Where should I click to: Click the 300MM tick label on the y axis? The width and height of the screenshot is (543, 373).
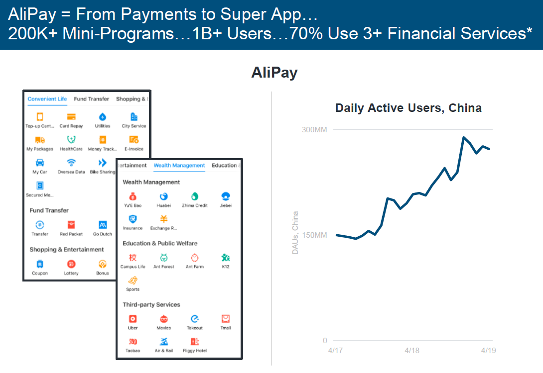pos(314,130)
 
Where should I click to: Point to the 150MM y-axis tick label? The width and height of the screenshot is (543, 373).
pos(314,235)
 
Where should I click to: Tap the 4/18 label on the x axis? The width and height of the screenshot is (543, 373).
pos(412,351)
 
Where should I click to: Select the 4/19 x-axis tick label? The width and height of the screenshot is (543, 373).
pos(488,351)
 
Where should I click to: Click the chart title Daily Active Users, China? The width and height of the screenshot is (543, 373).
pos(408,108)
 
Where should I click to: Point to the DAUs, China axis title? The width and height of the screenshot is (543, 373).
pos(295,233)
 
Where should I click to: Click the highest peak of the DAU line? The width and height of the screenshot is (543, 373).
pos(464,138)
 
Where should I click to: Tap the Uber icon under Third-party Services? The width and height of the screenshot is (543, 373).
pos(133,319)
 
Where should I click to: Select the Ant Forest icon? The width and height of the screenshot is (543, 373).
pos(164,258)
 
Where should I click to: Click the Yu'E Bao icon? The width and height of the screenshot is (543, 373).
pos(133,197)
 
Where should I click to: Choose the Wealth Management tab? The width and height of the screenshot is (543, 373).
pos(179,165)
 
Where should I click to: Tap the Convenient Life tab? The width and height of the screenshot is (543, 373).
pos(47,99)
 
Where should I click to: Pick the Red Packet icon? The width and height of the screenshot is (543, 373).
pos(71,225)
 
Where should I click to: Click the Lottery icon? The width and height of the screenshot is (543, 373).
pos(71,264)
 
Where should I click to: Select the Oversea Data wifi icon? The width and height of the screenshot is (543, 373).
pos(71,163)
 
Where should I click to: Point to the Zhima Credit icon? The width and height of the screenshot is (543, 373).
pos(195,196)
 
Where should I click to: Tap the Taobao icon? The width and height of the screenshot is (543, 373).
pos(133,342)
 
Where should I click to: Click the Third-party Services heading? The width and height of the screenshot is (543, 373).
pos(151,304)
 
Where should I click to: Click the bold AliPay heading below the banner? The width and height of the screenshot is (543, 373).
pos(274,73)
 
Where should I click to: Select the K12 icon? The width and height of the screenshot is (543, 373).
pos(226,258)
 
